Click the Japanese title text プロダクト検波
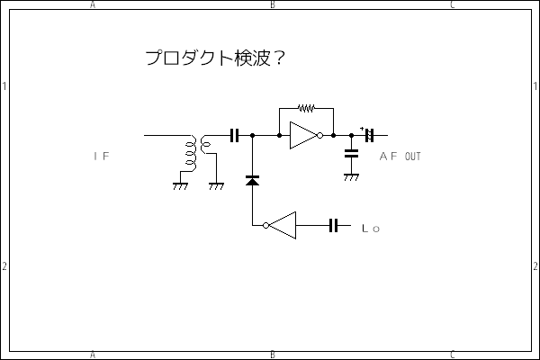(206, 58)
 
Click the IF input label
(101, 157)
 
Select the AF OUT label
(400, 157)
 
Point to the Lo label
(371, 229)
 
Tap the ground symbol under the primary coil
(179, 186)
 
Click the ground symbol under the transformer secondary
(216, 186)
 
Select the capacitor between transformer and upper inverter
(235, 136)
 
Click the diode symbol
(252, 181)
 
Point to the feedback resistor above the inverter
(306, 109)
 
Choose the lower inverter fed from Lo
(282, 225)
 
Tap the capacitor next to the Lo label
(333, 225)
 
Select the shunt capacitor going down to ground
(350, 154)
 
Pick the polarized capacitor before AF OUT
(368, 136)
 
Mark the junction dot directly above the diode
(252, 136)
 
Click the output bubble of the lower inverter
(265, 225)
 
